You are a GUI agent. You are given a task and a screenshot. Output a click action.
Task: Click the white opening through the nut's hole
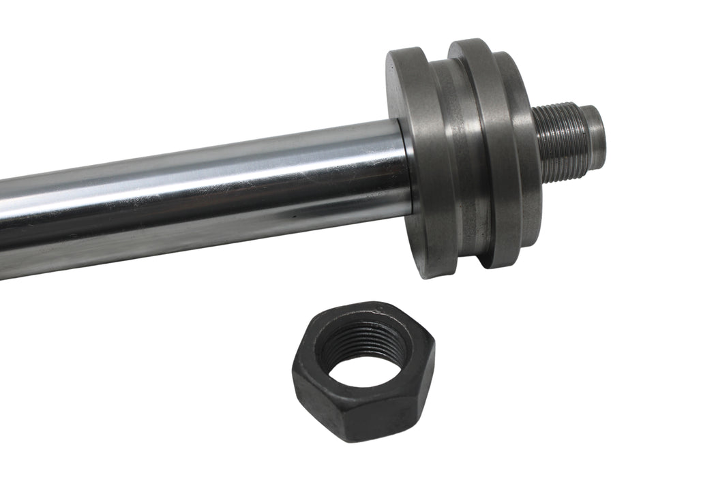coord(365,368)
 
